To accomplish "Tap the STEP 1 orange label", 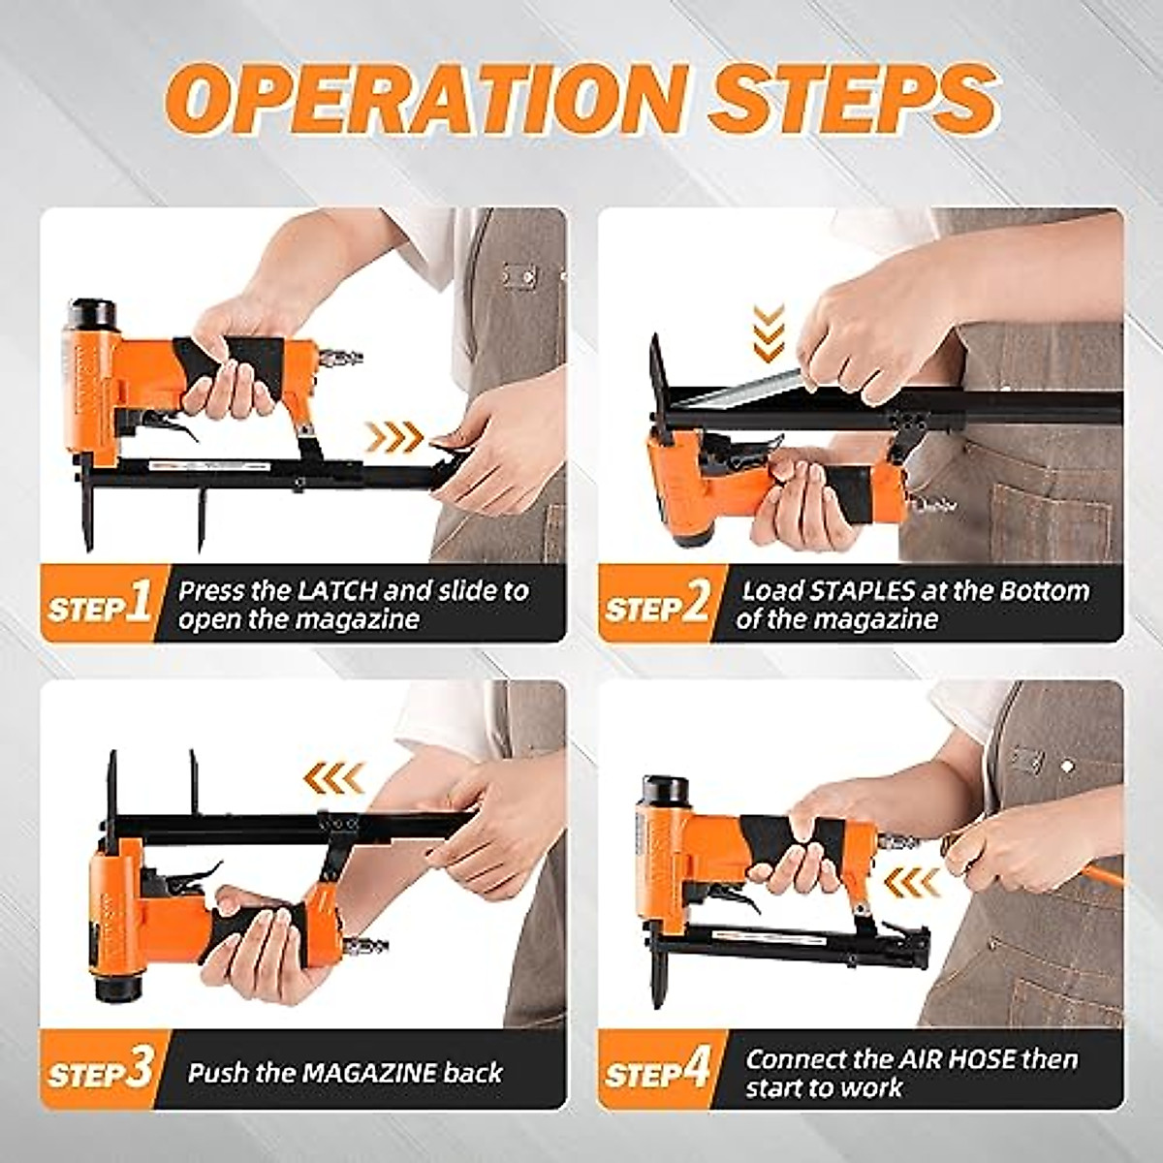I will tap(99, 605).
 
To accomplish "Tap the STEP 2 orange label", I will tap(657, 605).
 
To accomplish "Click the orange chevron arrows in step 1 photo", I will tap(394, 438).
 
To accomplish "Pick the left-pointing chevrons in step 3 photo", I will tap(333, 776).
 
